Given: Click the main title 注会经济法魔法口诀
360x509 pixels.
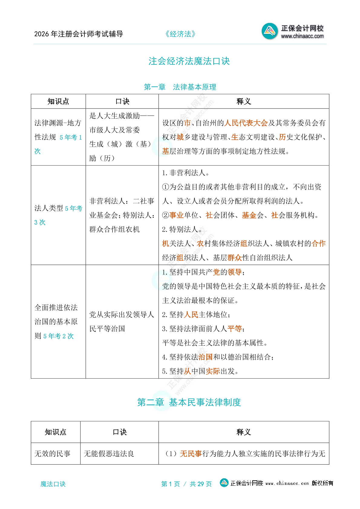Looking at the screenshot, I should click(x=189, y=61).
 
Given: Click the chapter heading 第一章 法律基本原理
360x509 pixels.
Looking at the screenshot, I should click(x=180, y=87).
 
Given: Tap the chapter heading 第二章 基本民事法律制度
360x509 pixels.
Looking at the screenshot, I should click(x=189, y=402).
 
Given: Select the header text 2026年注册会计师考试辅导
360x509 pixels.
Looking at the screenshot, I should click(x=79, y=34).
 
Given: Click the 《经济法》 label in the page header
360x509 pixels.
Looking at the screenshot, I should click(x=180, y=34).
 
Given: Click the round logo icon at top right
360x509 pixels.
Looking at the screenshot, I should click(x=269, y=31).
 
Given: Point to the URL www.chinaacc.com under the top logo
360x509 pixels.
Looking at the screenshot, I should click(x=302, y=36).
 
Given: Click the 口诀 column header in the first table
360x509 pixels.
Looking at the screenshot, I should click(x=122, y=102).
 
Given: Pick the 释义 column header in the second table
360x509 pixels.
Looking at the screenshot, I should click(x=244, y=432).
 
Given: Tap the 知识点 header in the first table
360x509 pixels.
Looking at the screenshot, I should click(x=58, y=102).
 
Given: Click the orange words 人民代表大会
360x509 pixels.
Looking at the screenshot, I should click(x=246, y=123).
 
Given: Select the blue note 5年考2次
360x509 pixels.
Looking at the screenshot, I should click(x=58, y=336).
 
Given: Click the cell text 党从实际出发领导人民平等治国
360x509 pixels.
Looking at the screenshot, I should click(x=122, y=321).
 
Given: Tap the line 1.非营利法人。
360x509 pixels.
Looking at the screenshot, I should click(x=186, y=173).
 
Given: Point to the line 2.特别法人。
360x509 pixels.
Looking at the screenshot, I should click(x=182, y=230).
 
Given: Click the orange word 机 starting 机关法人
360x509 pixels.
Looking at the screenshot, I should click(x=165, y=243).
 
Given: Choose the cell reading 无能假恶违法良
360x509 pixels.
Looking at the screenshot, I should click(x=109, y=454).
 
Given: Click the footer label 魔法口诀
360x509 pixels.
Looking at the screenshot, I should click(x=53, y=484).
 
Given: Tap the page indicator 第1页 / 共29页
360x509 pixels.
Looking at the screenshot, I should click(x=186, y=484).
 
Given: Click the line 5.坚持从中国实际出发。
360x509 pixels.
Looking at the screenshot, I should click(x=200, y=371).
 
